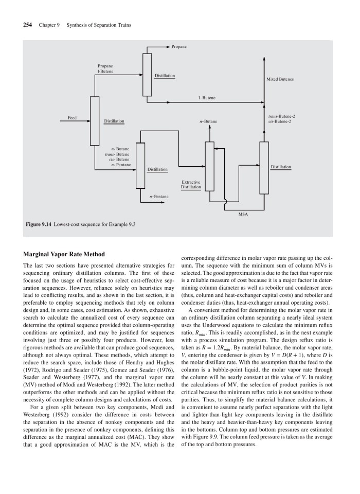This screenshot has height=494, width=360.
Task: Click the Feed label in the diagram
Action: point(72,118)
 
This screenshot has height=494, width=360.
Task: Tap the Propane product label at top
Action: point(179,47)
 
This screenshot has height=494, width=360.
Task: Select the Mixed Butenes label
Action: point(280,80)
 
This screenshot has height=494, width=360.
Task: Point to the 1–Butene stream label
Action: point(207,97)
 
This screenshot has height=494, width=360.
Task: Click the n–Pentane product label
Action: point(158,197)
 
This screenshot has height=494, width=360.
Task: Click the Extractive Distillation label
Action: point(191,185)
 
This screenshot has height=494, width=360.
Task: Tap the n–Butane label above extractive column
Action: point(208,121)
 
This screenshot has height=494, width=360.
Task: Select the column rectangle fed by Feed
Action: point(95,121)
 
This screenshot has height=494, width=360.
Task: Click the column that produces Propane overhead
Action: point(148,74)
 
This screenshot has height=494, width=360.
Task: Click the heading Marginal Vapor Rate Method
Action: point(64,254)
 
